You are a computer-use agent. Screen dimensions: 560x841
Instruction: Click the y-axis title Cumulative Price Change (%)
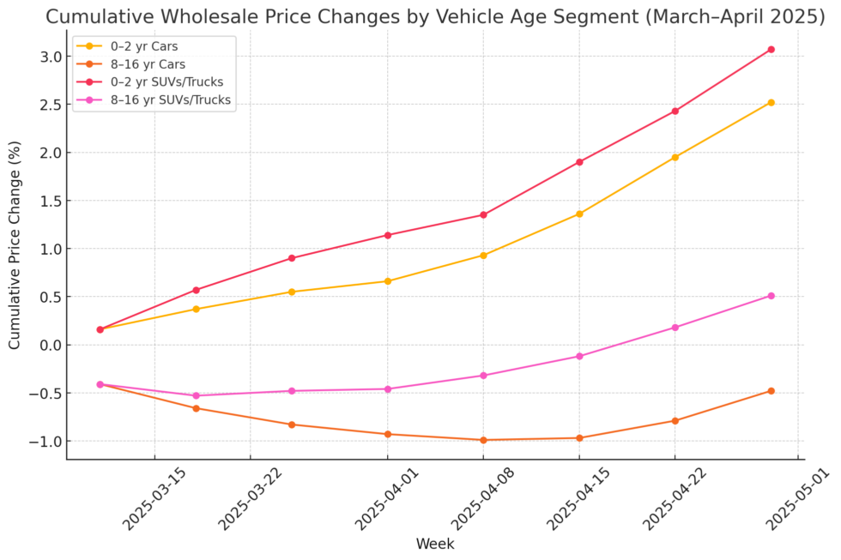coord(15,244)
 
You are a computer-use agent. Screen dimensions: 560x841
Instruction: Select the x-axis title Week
coord(434,545)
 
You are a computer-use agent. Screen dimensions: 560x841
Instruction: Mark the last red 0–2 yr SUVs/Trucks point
coord(771,50)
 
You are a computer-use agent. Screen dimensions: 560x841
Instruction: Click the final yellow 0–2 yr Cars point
coord(771,103)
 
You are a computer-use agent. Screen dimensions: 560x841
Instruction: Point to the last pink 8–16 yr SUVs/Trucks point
coord(771,296)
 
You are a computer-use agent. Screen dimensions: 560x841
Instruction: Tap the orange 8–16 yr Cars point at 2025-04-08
coord(483,440)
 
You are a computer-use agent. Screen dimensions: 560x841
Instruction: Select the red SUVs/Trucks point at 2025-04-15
coord(579,162)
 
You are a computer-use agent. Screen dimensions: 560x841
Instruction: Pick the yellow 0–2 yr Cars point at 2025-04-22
coord(675,157)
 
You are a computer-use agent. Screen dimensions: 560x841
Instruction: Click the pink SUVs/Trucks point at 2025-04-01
coord(387,389)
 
